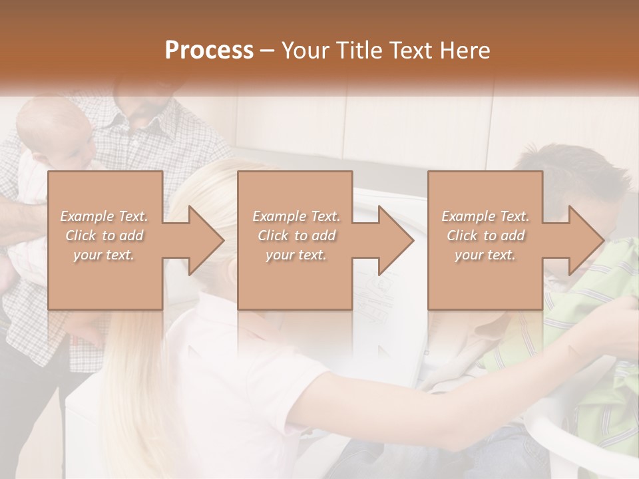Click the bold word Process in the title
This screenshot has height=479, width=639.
coord(209,50)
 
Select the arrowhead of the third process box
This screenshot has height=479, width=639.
coord(585,240)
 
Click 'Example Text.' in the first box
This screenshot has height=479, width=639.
coord(104,216)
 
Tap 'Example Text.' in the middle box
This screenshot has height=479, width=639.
coord(296,216)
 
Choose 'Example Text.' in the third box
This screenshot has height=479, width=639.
coord(485,216)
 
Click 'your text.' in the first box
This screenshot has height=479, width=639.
coord(104,255)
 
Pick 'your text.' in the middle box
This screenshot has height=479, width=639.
coord(296,255)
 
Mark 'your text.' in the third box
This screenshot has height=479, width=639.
coord(485,255)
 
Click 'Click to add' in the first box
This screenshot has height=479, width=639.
coord(104,236)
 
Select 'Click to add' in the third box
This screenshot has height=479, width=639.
coord(485,236)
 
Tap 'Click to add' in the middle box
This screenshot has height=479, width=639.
coord(296,236)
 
